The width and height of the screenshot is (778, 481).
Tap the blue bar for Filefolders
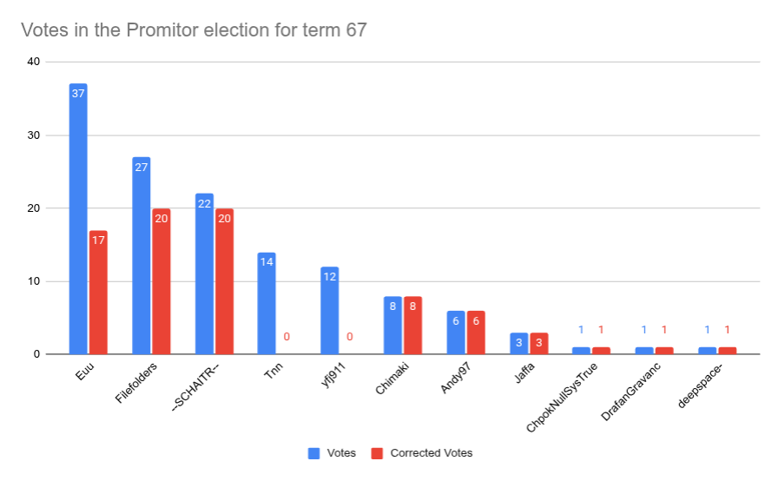141,255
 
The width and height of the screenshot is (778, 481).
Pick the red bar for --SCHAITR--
224,281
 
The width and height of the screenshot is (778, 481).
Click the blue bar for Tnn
267,303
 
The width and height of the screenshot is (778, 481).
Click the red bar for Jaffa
538,343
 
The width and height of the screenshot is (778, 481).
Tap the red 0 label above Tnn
287,337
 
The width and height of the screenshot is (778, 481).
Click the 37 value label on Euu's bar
78,94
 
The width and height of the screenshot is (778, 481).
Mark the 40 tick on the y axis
33,62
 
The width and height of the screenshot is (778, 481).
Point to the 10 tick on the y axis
33,281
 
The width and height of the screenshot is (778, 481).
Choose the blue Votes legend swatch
314,453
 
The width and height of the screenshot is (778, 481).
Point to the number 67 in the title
356,30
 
